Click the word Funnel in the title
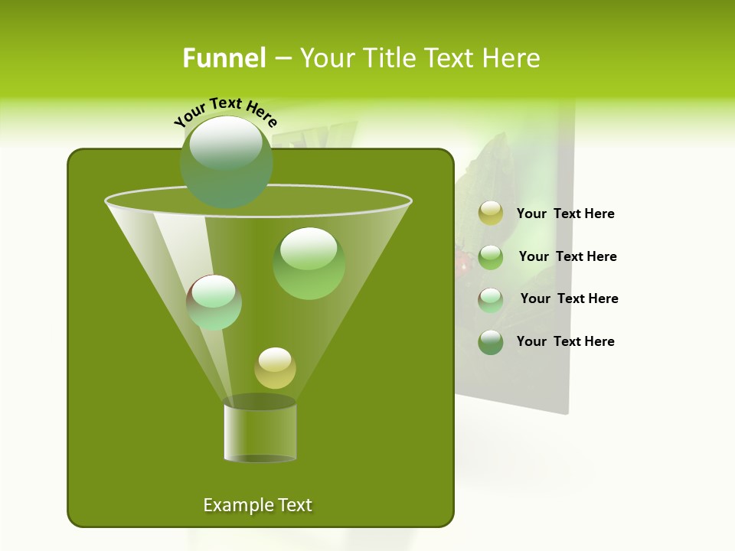click(x=224, y=58)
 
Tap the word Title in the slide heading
click(x=388, y=58)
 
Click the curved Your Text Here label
click(x=225, y=111)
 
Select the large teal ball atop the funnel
click(x=227, y=161)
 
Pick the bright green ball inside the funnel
click(x=309, y=262)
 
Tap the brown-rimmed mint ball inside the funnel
click(x=214, y=302)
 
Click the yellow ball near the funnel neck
click(x=275, y=368)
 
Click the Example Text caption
click(x=257, y=505)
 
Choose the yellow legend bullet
click(x=491, y=214)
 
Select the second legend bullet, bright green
click(x=491, y=257)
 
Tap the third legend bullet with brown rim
click(x=491, y=300)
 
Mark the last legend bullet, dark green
click(x=491, y=342)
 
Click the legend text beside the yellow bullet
click(x=565, y=214)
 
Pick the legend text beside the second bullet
click(x=567, y=257)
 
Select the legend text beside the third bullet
click(x=569, y=299)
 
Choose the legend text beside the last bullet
click(x=565, y=342)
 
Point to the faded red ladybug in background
click(x=462, y=262)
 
